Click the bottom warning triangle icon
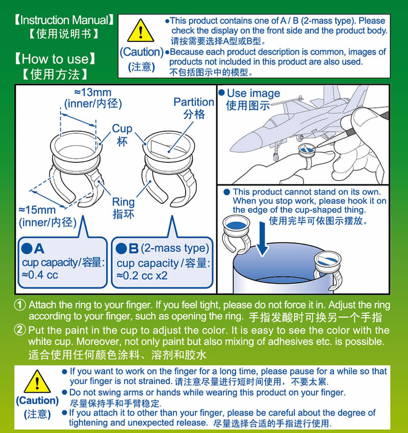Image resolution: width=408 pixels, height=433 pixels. pyautogui.click(x=36, y=381)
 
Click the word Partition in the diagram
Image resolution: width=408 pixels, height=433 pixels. pyautogui.click(x=194, y=102)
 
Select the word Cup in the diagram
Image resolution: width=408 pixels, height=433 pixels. pyautogui.click(x=122, y=129)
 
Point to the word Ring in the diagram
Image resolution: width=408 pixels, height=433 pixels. pyautogui.click(x=123, y=202)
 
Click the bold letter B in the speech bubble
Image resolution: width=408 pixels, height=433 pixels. pyautogui.click(x=133, y=249)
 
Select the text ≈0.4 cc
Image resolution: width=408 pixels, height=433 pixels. pyautogui.click(x=40, y=275)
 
